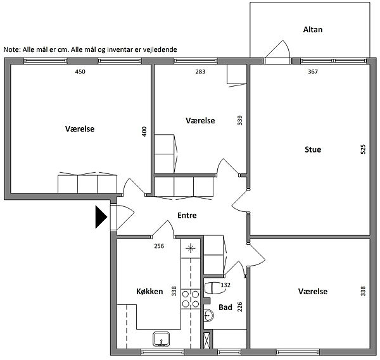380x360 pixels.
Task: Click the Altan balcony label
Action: (313, 30)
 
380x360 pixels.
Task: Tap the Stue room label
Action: (313, 149)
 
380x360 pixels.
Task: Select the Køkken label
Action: (149, 291)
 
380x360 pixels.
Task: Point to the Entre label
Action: (187, 215)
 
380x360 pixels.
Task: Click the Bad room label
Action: (225, 307)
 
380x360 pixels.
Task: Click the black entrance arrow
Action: (101, 217)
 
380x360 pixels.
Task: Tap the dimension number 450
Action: (80, 71)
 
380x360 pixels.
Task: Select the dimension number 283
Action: (200, 71)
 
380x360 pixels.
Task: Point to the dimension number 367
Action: (313, 71)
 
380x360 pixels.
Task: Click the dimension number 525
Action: (363, 149)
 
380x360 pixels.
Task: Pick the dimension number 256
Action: (159, 246)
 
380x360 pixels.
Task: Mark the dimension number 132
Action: (225, 285)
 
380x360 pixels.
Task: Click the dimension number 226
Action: (239, 307)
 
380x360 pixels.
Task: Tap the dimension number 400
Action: (144, 132)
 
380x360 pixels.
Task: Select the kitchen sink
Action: (161, 339)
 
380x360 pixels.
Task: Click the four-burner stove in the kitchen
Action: (191, 299)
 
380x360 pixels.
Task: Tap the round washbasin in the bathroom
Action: (208, 316)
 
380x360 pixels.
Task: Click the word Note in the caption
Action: (12, 49)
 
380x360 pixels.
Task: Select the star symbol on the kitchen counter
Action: (191, 248)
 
